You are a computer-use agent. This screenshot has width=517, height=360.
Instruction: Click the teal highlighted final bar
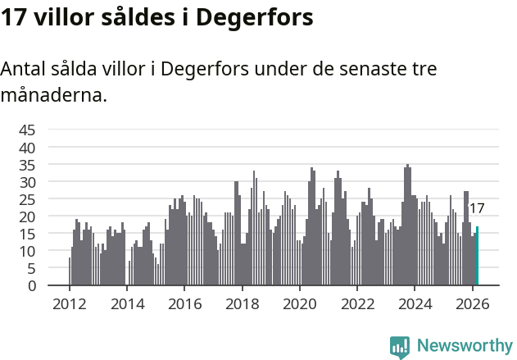pyautogui.click(x=477, y=256)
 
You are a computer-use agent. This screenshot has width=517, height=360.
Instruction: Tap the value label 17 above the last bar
pyautogui.click(x=477, y=208)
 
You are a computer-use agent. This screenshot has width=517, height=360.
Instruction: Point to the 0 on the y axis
pyautogui.click(x=32, y=285)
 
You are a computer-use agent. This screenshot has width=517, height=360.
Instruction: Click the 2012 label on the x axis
pyautogui.click(x=69, y=303)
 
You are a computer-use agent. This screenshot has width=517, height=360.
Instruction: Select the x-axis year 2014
pyautogui.click(x=126, y=303)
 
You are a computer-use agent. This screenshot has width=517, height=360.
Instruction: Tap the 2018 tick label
pyautogui.click(x=242, y=303)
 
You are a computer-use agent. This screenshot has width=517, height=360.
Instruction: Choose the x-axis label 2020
pyautogui.click(x=299, y=303)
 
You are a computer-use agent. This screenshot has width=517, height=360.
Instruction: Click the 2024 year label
pyautogui.click(x=415, y=303)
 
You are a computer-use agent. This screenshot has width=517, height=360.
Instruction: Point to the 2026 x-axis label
pyautogui.click(x=472, y=303)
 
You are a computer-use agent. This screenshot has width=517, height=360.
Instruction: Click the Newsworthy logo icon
pyautogui.click(x=400, y=347)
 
